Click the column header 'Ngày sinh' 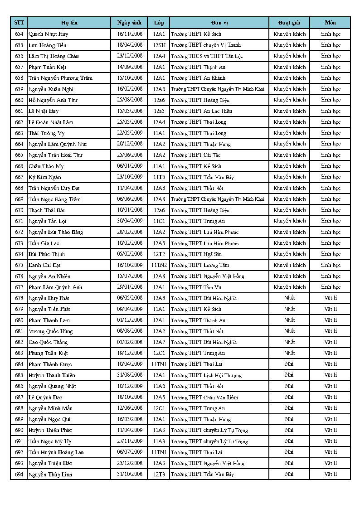[x=129, y=23]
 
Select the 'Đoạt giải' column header [x=289, y=23]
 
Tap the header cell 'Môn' [x=330, y=23]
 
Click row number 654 [x=19, y=34]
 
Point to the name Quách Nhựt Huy [x=49, y=34]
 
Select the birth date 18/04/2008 [x=130, y=45]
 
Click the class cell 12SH [x=159, y=45]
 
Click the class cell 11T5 [x=159, y=177]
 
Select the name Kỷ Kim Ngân [x=45, y=177]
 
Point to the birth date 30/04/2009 [x=130, y=221]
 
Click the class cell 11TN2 [x=159, y=265]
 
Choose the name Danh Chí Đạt [x=44, y=265]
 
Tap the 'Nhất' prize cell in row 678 [x=289, y=298]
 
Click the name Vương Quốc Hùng [x=50, y=331]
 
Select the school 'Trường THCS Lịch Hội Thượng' [x=206, y=375]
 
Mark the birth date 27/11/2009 [x=130, y=441]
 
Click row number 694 [x=19, y=474]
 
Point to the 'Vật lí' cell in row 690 [x=331, y=430]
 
